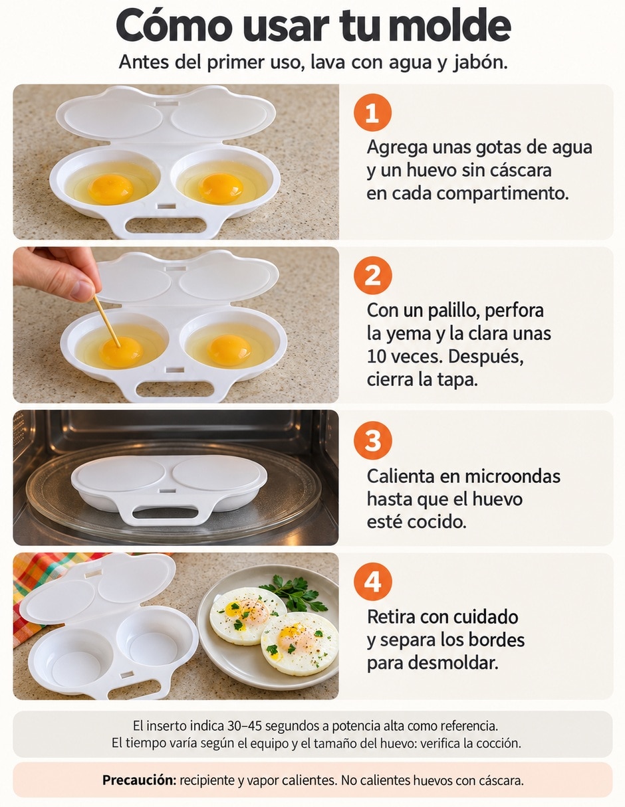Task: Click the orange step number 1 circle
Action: (372, 112)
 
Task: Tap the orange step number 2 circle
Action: (373, 276)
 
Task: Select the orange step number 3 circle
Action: (373, 440)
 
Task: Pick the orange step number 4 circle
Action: (373, 582)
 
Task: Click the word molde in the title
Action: (447, 25)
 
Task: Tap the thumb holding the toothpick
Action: (82, 290)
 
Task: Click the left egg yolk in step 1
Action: (110, 189)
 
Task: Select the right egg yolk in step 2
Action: (229, 350)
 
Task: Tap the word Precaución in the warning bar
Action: (140, 780)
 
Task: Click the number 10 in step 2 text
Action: (377, 357)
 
